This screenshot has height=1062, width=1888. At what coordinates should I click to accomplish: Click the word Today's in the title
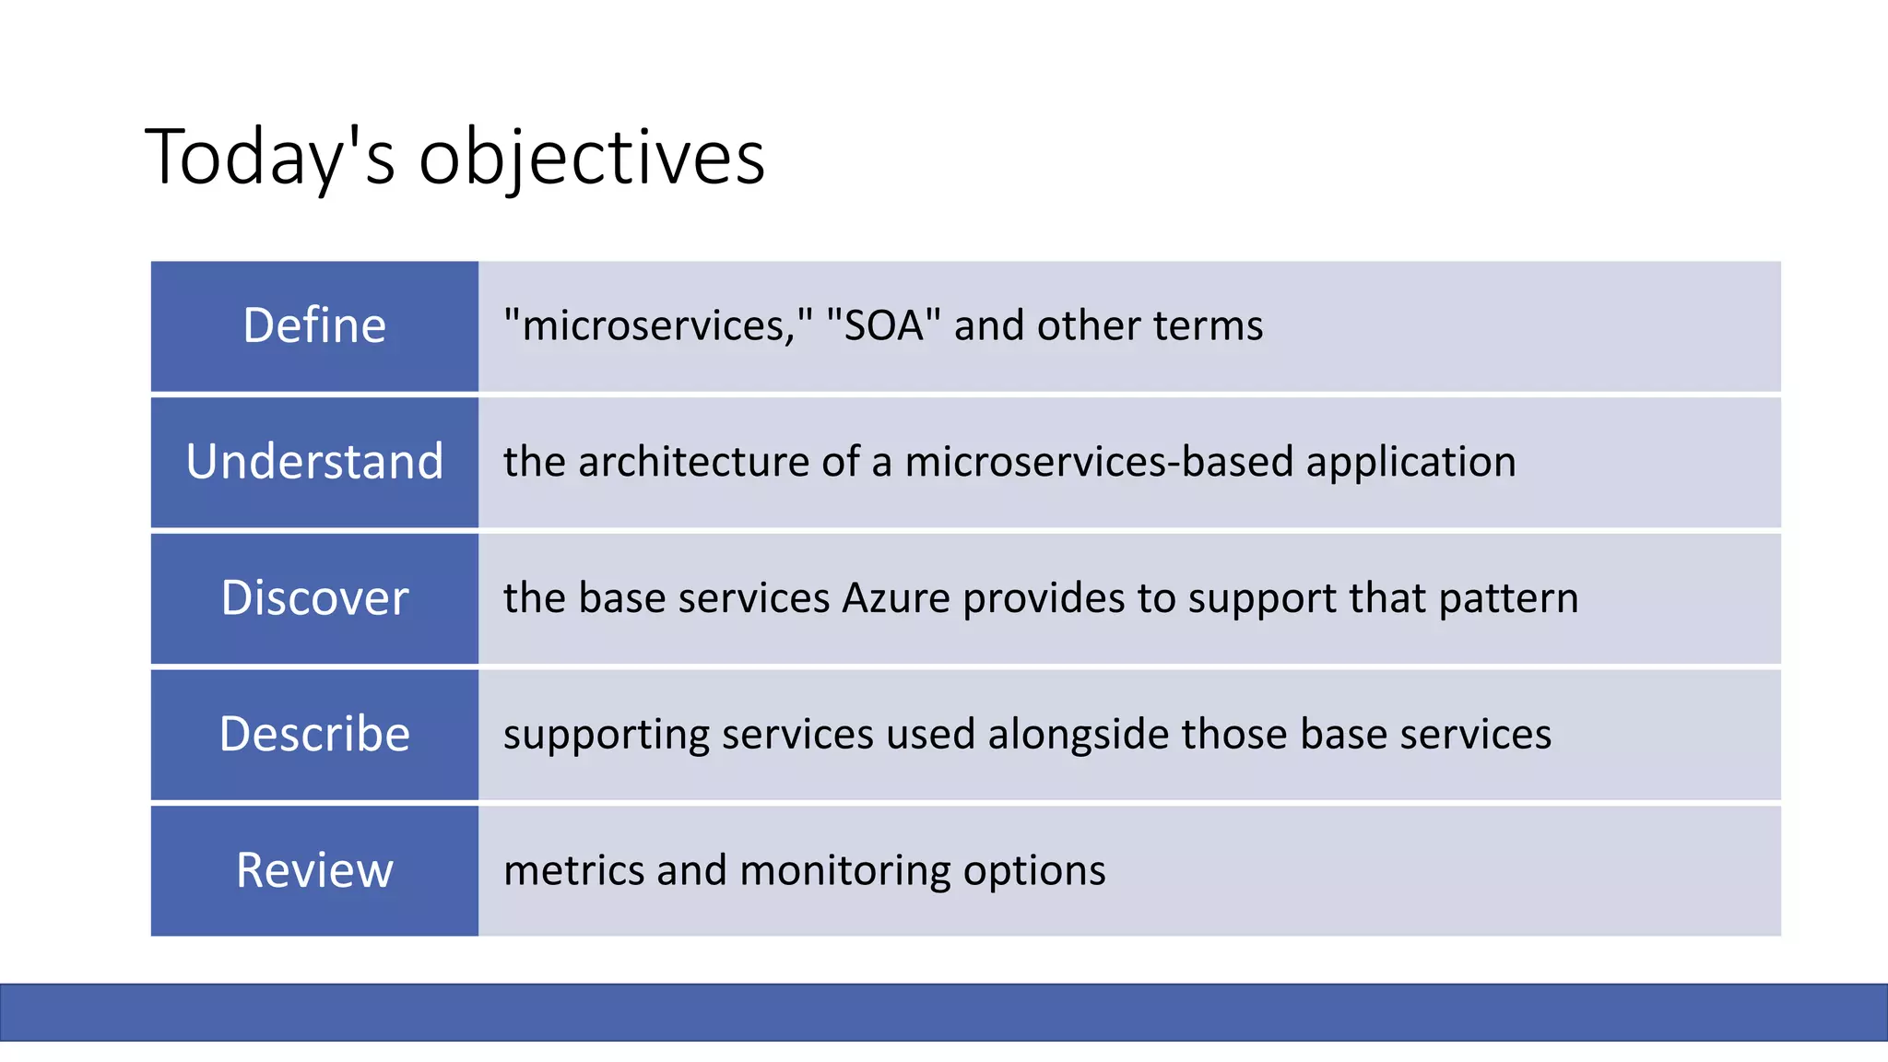(269, 157)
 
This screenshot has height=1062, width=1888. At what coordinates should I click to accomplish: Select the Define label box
(314, 326)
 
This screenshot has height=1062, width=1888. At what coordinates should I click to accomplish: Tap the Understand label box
(314, 462)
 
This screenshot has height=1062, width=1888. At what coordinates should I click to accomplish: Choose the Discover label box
(314, 598)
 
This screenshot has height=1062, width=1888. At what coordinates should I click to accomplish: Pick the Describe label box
(314, 735)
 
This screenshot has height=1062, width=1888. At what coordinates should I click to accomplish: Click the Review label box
(314, 870)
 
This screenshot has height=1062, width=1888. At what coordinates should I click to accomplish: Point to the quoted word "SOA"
(883, 325)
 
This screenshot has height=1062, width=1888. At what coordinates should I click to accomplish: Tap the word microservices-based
(1099, 462)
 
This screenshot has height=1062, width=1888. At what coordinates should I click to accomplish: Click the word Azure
(896, 598)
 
